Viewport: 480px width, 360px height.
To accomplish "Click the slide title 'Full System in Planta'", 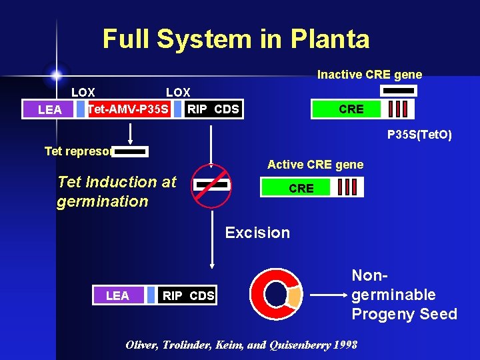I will (235, 39).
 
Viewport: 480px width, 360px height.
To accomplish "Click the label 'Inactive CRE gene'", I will (369, 75).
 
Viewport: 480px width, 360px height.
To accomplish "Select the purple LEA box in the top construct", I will (50, 109).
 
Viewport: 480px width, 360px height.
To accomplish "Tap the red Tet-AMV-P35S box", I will (129, 109).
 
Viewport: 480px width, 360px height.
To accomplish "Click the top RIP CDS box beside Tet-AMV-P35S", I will (213, 109).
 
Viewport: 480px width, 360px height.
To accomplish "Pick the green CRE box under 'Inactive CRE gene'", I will (351, 109).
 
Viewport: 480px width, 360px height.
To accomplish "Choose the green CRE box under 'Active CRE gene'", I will (301, 188).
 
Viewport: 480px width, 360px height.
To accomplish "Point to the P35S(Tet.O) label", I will (419, 135).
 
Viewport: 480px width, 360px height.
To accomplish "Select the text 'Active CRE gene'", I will (315, 164).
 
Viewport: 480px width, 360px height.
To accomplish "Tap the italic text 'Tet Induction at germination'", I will (117, 191).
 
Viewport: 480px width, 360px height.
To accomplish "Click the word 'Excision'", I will (257, 233).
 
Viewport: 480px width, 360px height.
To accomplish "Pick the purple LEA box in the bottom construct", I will (117, 295).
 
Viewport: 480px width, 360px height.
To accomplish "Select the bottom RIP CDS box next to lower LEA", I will (189, 295).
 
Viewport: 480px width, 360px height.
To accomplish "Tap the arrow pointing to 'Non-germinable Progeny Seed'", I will (327, 295).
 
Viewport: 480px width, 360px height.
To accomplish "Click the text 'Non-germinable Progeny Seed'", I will (404, 294).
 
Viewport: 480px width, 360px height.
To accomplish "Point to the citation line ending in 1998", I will (241, 345).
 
